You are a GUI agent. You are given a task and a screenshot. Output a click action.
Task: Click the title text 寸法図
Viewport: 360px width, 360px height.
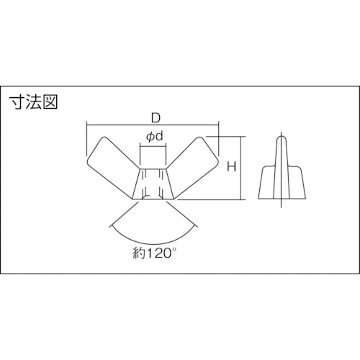pos(33,102)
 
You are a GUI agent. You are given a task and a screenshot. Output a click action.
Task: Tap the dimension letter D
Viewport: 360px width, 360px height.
pos(156,118)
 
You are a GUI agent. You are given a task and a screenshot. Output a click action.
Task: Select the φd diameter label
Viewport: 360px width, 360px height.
pos(154,137)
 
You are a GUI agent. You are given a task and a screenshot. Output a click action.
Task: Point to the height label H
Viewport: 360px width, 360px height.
pos(232,166)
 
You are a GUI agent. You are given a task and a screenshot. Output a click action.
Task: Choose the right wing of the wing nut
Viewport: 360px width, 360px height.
pos(193,165)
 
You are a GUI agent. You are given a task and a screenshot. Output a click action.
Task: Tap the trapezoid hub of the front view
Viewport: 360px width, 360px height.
pos(153,184)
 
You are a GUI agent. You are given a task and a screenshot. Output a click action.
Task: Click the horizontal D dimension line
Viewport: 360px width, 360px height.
pos(153,125)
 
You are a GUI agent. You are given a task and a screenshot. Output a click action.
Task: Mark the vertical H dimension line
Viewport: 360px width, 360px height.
pos(240,168)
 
